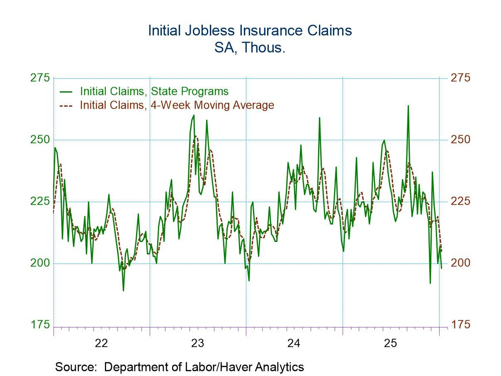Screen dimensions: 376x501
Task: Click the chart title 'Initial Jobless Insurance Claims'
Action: [250, 31]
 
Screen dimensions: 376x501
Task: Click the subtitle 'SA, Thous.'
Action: [250, 47]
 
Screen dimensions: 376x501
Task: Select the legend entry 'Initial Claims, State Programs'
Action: [154, 91]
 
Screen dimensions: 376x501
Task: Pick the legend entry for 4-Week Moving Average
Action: [177, 105]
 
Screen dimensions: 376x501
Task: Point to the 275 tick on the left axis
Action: [40, 78]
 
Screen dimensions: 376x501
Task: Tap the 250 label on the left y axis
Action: [40, 139]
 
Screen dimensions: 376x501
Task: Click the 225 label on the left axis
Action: [40, 201]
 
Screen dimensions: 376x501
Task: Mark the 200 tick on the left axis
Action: [40, 263]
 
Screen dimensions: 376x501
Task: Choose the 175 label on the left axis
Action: [40, 325]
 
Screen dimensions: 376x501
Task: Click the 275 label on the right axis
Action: [461, 78]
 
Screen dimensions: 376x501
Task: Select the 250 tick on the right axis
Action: [461, 139]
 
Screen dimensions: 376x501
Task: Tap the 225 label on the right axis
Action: [461, 201]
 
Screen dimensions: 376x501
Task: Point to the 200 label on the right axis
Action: [461, 263]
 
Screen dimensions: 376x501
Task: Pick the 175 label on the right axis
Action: [461, 325]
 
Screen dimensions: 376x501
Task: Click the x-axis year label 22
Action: [101, 343]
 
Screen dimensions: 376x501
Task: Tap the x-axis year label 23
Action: [197, 343]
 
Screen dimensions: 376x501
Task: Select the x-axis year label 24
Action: [294, 343]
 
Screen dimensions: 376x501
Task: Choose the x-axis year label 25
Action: [390, 343]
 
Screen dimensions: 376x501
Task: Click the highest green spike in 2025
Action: [408, 106]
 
